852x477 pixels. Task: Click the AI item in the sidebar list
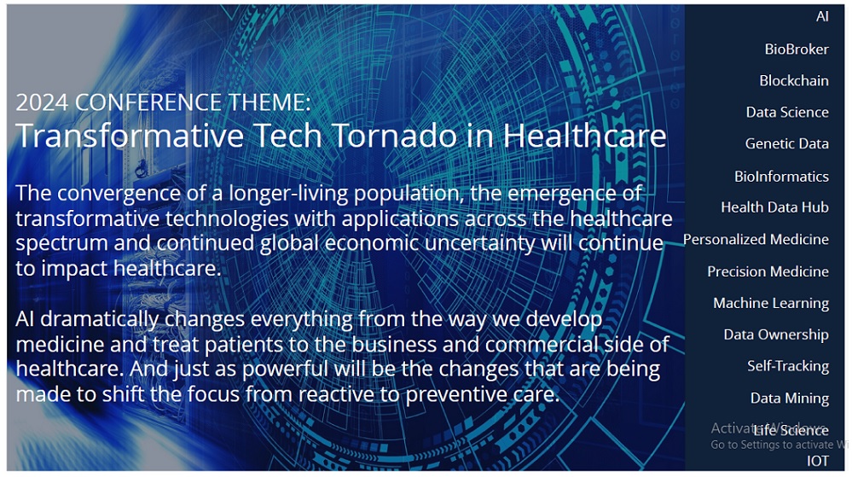[x=822, y=16]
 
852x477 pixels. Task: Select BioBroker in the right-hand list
[x=797, y=49]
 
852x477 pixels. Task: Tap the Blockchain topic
[x=794, y=80]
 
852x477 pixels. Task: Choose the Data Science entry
[x=787, y=112]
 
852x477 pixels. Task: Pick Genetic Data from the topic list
[x=787, y=143]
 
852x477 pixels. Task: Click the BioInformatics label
[x=781, y=177]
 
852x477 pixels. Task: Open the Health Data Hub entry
[x=775, y=207]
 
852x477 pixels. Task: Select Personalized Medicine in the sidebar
[x=756, y=239]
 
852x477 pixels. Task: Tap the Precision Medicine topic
[x=768, y=271]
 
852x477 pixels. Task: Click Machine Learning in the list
[x=771, y=303]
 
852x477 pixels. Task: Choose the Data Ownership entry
[x=776, y=334]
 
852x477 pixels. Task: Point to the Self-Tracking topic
[x=788, y=366]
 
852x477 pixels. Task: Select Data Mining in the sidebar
[x=790, y=398]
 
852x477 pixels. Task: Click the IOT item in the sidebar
[x=818, y=462]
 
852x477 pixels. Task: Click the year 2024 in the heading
[x=42, y=102]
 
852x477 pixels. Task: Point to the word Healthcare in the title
[x=584, y=136]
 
